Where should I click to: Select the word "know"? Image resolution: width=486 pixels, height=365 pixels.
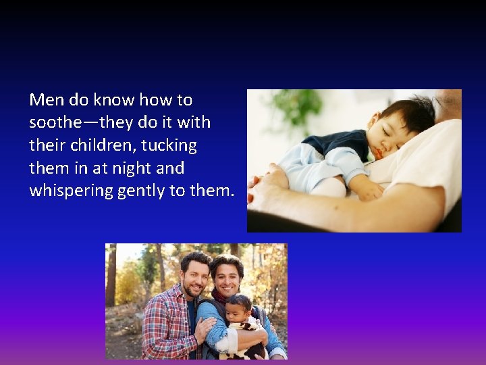coord(114,100)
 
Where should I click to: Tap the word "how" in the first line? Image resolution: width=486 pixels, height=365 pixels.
coord(155,100)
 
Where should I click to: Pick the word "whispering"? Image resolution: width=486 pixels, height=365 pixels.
coord(71,191)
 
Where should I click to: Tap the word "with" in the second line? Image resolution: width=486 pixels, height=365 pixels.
coord(194,123)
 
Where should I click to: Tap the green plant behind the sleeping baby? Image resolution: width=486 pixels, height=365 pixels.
coord(297,108)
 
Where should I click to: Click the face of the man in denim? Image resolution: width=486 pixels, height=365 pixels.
coord(228,275)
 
